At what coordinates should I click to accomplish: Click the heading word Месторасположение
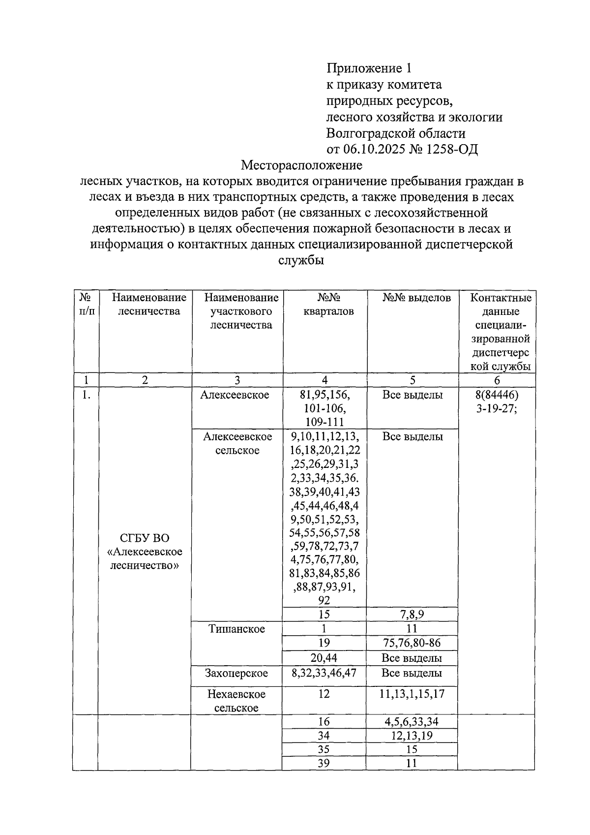pyautogui.click(x=302, y=165)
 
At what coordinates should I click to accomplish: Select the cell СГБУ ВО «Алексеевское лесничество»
pyautogui.click(x=144, y=552)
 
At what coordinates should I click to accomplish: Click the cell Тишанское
pyautogui.click(x=236, y=629)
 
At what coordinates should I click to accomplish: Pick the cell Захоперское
pyautogui.click(x=236, y=673)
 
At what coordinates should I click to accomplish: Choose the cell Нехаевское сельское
pyautogui.click(x=236, y=701)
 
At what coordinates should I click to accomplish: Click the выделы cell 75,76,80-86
pyautogui.click(x=412, y=643)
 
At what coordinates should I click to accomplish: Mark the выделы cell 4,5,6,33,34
pyautogui.click(x=412, y=722)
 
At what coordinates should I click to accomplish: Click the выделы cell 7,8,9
pyautogui.click(x=412, y=614)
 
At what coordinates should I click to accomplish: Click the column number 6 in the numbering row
pyautogui.click(x=497, y=380)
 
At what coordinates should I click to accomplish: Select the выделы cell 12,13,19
pyautogui.click(x=412, y=736)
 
